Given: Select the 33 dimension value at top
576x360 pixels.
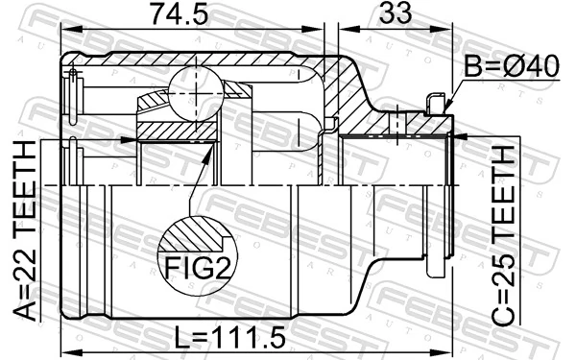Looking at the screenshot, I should click(393, 16).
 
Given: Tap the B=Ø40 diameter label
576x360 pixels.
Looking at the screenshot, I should click(509, 68).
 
